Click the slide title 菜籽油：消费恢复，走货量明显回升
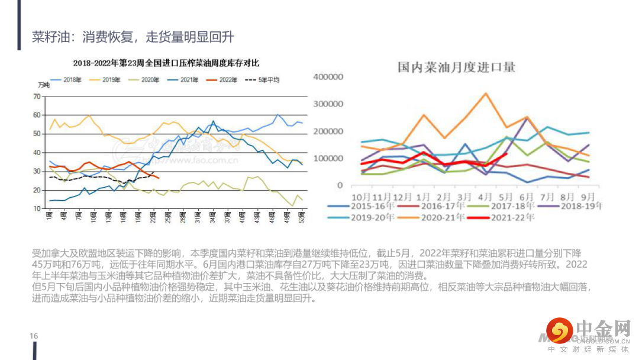click(x=133, y=37)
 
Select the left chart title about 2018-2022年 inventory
click(x=166, y=63)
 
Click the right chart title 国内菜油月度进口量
click(x=456, y=67)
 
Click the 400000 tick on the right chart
click(x=328, y=77)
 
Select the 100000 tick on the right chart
click(x=328, y=159)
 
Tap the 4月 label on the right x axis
click(x=485, y=196)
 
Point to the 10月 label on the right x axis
click(x=361, y=196)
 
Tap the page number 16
click(x=34, y=336)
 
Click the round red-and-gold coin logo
click(x=559, y=330)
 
